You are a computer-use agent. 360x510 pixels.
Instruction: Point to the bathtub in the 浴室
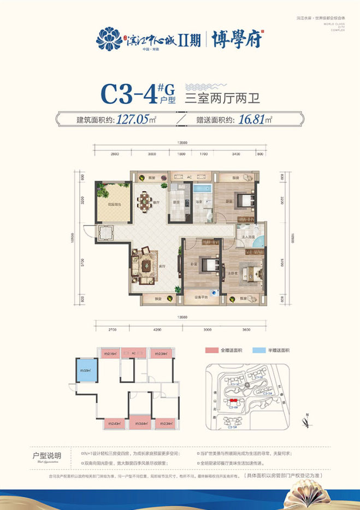pos(197,191)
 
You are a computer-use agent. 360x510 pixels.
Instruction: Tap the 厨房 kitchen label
pos(176,202)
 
